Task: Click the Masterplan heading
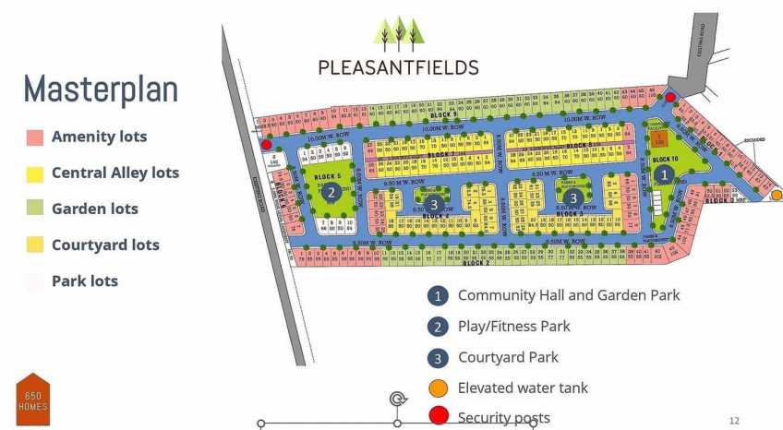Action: pos(101,90)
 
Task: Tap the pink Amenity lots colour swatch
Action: pos(35,137)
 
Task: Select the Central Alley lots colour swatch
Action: pos(35,173)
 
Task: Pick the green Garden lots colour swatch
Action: pos(35,209)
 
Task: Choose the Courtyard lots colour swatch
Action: pos(35,245)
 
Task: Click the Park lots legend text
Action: pos(85,281)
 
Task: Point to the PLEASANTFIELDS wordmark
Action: pos(398,67)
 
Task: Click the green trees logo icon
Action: pos(398,32)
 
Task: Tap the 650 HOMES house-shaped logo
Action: pos(33,400)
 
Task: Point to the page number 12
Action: pos(734,420)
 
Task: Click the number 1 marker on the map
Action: pos(662,173)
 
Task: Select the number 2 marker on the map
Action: pos(330,193)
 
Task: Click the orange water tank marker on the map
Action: pos(777,195)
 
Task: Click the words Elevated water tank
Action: pos(523,388)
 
